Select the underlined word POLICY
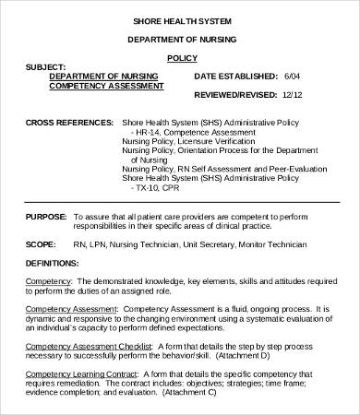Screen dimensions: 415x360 pyautogui.click(x=180, y=57)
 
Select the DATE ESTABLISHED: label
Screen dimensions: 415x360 pyautogui.click(x=237, y=76)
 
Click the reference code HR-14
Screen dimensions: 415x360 pyautogui.click(x=154, y=131)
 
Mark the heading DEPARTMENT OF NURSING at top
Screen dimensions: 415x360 pyautogui.click(x=180, y=41)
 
